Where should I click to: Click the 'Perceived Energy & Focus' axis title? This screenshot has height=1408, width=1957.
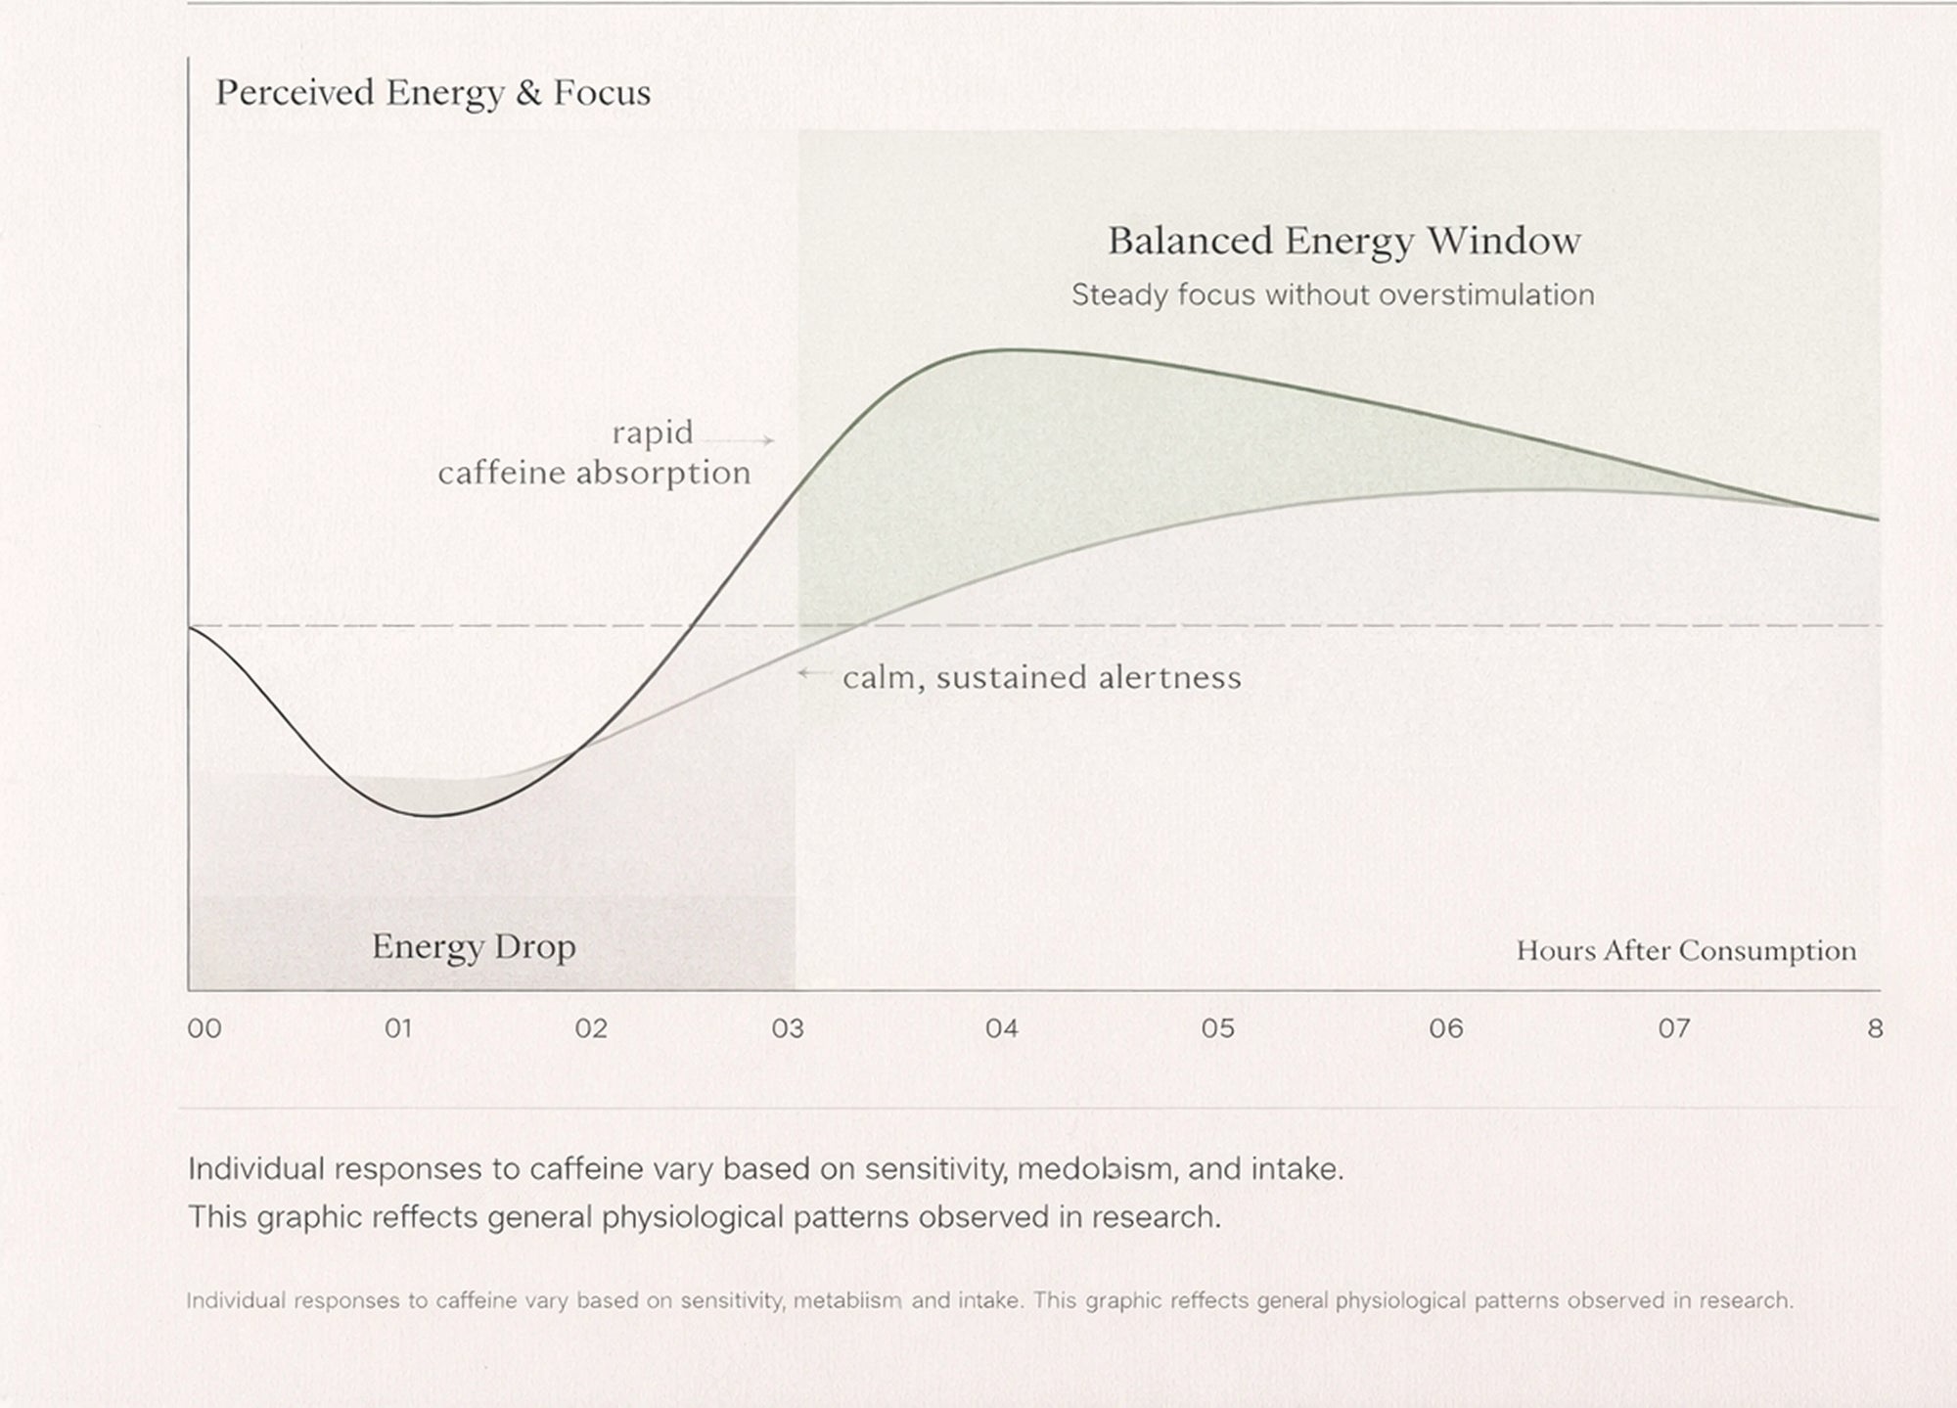pos(432,93)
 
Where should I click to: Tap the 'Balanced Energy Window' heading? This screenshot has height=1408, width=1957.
pos(1343,241)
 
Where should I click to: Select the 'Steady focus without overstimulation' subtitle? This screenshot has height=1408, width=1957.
pos(1332,295)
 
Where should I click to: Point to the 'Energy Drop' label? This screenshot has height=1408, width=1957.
pos(474,946)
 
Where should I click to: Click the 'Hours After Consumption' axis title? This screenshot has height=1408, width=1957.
pos(1685,951)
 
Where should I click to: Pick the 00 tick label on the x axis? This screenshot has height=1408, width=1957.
pos(205,1028)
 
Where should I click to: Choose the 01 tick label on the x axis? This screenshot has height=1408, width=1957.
pos(398,1028)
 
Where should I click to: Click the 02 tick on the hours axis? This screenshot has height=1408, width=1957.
pos(591,1028)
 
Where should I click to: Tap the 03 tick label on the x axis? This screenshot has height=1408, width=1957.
pos(788,1028)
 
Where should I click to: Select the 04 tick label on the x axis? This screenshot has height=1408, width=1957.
pos(1002,1028)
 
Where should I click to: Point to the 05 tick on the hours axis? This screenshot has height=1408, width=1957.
pos(1218,1028)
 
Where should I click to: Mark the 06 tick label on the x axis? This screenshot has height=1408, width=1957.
pos(1446,1028)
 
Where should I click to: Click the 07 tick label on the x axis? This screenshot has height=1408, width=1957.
pos(1674,1028)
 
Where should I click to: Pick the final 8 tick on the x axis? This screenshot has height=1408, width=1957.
pos(1875,1028)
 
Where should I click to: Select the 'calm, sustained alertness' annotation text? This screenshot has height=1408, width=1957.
pos(1041,677)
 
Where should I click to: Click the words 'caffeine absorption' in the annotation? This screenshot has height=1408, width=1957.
pos(594,474)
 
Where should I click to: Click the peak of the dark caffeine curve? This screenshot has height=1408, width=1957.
pos(1013,350)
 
